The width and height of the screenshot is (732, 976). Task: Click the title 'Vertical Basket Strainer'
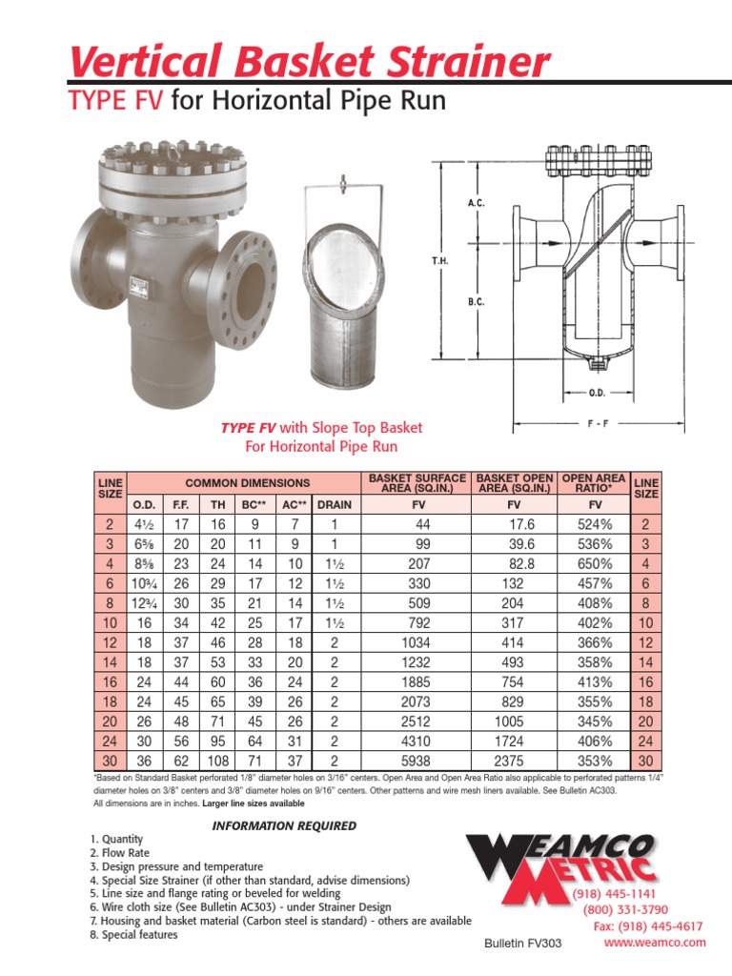click(310, 62)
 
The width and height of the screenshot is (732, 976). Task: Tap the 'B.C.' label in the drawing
click(477, 302)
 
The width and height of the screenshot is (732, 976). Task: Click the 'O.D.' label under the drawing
click(598, 391)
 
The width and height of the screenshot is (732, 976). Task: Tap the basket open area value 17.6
click(515, 523)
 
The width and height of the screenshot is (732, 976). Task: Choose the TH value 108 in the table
click(218, 761)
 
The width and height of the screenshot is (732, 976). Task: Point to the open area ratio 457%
click(595, 582)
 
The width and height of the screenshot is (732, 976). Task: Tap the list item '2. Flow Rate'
click(118, 853)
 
